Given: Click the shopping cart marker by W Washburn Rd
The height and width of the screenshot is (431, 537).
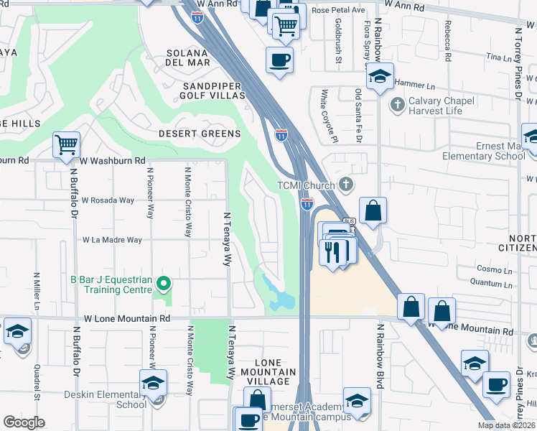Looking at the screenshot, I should pos(66,144).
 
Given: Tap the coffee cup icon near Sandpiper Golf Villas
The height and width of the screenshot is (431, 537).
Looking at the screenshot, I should pos(279,60).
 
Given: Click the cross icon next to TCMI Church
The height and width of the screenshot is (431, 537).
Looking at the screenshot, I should pos(346,185).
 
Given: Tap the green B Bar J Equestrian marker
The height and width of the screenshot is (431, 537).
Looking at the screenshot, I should pos(163,284).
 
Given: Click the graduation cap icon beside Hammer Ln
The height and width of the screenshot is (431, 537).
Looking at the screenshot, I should pos(379,75).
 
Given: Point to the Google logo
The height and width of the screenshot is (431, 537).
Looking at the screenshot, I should pos(24,422).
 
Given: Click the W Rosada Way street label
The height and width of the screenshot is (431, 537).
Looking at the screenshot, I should pos(108,200).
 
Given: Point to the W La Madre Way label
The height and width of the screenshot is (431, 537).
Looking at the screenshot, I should pos(112,240).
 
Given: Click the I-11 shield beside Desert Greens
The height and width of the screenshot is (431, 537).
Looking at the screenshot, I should pos(281,134).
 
